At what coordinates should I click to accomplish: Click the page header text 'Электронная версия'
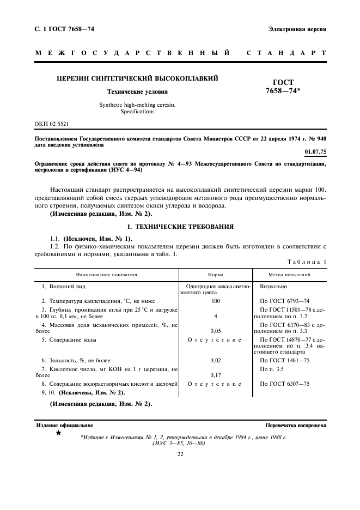[297, 29]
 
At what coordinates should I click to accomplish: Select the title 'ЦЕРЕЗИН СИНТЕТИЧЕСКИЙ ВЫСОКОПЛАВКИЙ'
[137, 78]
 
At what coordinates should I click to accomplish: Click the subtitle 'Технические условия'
[137, 92]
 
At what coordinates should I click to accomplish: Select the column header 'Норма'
[216, 275]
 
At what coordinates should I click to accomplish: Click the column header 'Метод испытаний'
[290, 275]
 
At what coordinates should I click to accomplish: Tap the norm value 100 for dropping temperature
[216, 301]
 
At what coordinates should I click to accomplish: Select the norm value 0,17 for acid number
[216, 375]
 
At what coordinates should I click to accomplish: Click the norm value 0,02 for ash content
[216, 360]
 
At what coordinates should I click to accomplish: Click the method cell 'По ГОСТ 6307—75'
[284, 384]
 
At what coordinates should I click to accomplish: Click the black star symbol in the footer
[58, 433]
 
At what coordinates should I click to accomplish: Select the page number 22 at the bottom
[180, 454]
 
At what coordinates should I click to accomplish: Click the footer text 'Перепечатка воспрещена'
[296, 424]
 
